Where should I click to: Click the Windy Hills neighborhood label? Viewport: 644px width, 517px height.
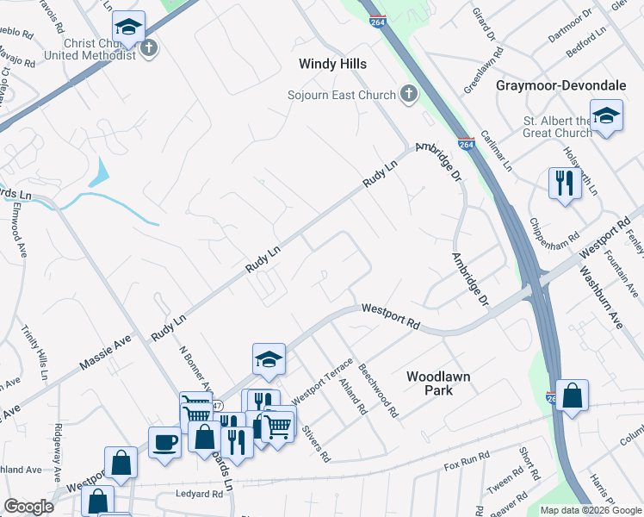[332, 65]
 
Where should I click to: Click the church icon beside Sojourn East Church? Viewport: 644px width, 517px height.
[408, 95]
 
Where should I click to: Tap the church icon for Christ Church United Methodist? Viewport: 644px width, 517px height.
[149, 47]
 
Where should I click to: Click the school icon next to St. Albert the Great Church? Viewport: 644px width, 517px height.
[607, 117]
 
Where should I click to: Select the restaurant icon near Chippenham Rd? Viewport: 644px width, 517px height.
[564, 184]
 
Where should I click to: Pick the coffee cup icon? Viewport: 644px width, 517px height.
[164, 443]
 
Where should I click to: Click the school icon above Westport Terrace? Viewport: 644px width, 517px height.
[269, 359]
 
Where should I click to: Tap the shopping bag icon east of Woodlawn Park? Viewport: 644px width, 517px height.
[572, 396]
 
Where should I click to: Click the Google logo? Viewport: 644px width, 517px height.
[28, 507]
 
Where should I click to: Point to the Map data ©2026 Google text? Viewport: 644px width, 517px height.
[590, 510]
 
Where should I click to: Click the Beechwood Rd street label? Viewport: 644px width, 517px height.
[380, 389]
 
